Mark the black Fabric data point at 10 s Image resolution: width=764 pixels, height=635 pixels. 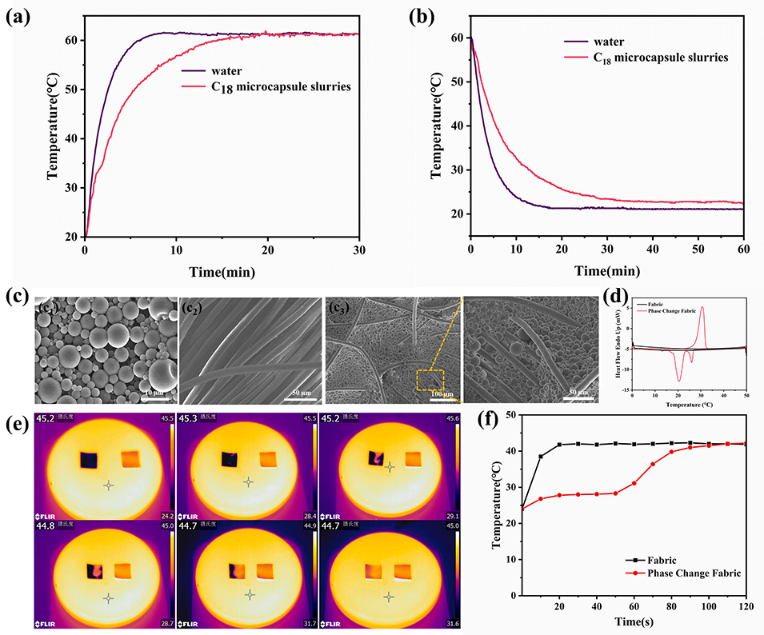click(x=541, y=457)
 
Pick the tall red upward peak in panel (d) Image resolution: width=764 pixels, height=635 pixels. click(x=702, y=309)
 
